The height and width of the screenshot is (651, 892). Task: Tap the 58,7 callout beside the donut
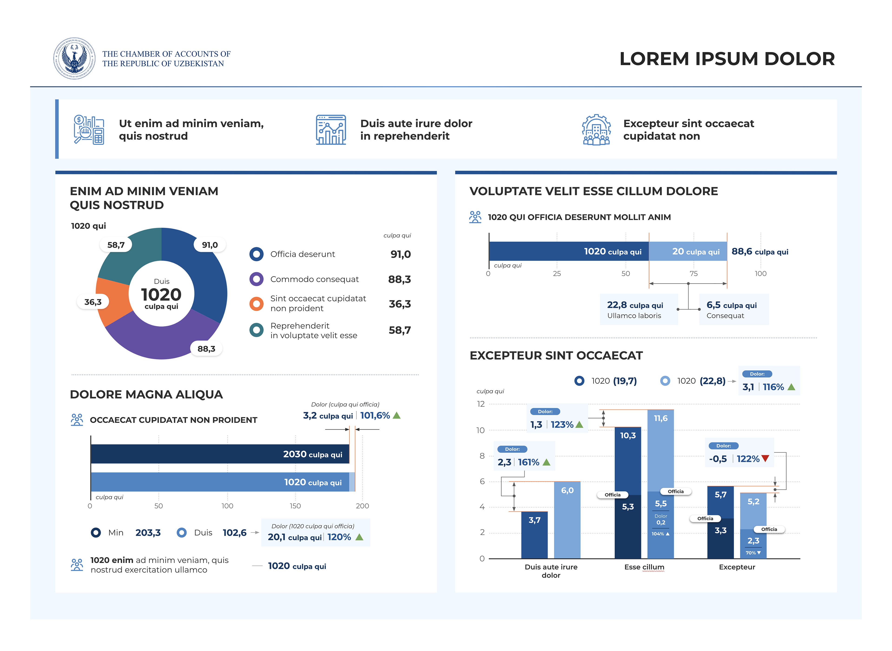click(x=116, y=245)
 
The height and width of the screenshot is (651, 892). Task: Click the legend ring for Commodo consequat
click(x=256, y=279)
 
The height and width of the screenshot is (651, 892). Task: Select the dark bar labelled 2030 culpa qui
click(x=220, y=454)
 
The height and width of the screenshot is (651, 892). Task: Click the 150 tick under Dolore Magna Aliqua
click(x=295, y=506)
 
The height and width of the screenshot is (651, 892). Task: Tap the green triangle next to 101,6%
click(x=397, y=415)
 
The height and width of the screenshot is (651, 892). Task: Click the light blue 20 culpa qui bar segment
click(x=688, y=251)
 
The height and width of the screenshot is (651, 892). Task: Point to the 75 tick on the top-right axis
click(x=693, y=273)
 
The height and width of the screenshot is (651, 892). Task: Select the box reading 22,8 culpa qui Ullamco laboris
click(x=638, y=309)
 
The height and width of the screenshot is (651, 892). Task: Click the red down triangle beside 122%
click(x=765, y=458)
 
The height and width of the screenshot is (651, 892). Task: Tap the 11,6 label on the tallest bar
click(x=661, y=418)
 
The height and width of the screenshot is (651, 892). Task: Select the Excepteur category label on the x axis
click(x=737, y=567)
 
